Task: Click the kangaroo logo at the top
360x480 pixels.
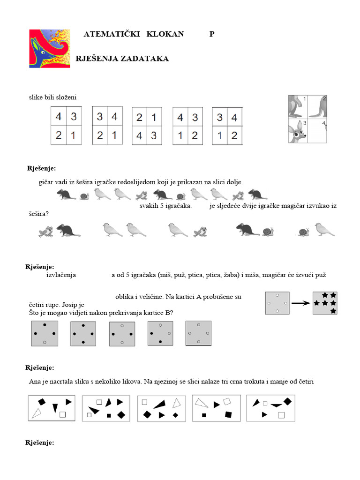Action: coord(49,48)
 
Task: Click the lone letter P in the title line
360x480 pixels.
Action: coord(212,34)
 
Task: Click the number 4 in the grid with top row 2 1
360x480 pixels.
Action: coord(139,136)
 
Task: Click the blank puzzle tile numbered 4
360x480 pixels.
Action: coord(318,131)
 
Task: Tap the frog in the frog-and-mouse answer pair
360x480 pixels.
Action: coord(45,231)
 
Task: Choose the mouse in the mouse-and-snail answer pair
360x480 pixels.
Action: coord(247,229)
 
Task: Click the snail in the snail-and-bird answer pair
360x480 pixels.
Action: coord(304,232)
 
